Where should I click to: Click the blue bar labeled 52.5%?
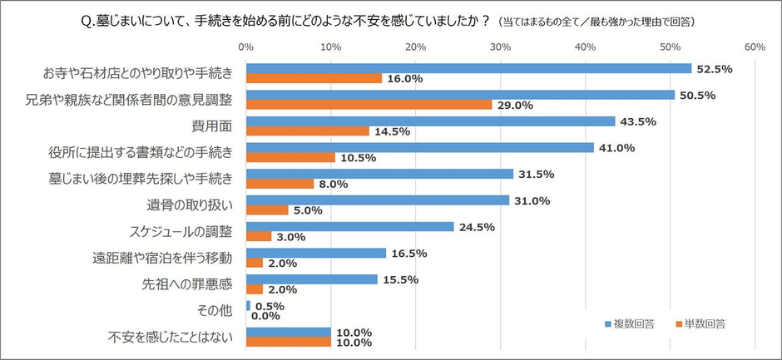468,68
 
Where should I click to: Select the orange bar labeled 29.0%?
369,105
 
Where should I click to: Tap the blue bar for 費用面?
430,121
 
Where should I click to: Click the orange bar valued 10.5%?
290,158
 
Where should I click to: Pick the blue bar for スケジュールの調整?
349,227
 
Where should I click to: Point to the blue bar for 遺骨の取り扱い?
377,200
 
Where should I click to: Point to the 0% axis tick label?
246,47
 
